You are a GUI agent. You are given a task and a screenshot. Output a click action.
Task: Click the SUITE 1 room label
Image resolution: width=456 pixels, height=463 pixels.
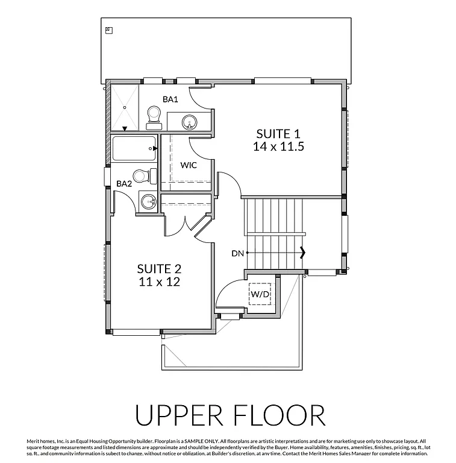278,133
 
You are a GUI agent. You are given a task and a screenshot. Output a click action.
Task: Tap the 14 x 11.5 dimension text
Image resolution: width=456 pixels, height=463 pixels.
278,146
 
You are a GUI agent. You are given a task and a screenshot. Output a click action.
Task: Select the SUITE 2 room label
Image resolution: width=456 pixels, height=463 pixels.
159,269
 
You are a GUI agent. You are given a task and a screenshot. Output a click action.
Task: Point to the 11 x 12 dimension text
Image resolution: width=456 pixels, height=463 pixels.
159,282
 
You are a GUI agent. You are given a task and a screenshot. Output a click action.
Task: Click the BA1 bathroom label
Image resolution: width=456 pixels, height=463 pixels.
170,99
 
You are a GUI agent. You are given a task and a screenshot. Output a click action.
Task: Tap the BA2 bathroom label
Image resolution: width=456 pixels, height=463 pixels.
124,184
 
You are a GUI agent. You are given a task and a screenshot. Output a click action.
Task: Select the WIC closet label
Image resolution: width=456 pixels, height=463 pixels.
189,165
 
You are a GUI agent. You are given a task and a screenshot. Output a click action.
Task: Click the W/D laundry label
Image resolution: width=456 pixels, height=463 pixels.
261,294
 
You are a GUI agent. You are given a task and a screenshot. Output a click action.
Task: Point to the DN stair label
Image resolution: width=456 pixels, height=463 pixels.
237,253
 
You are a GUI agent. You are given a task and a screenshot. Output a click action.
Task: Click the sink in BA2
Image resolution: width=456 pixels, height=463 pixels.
147,201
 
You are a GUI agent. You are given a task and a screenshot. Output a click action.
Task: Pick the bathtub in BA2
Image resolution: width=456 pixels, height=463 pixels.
134,148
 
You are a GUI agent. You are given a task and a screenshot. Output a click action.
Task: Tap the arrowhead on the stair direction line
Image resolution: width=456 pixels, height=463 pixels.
303,253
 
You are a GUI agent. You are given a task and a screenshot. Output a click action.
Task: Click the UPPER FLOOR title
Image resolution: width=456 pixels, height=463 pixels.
230,416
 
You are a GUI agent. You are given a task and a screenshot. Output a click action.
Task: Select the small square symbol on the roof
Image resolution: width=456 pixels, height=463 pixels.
108,30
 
